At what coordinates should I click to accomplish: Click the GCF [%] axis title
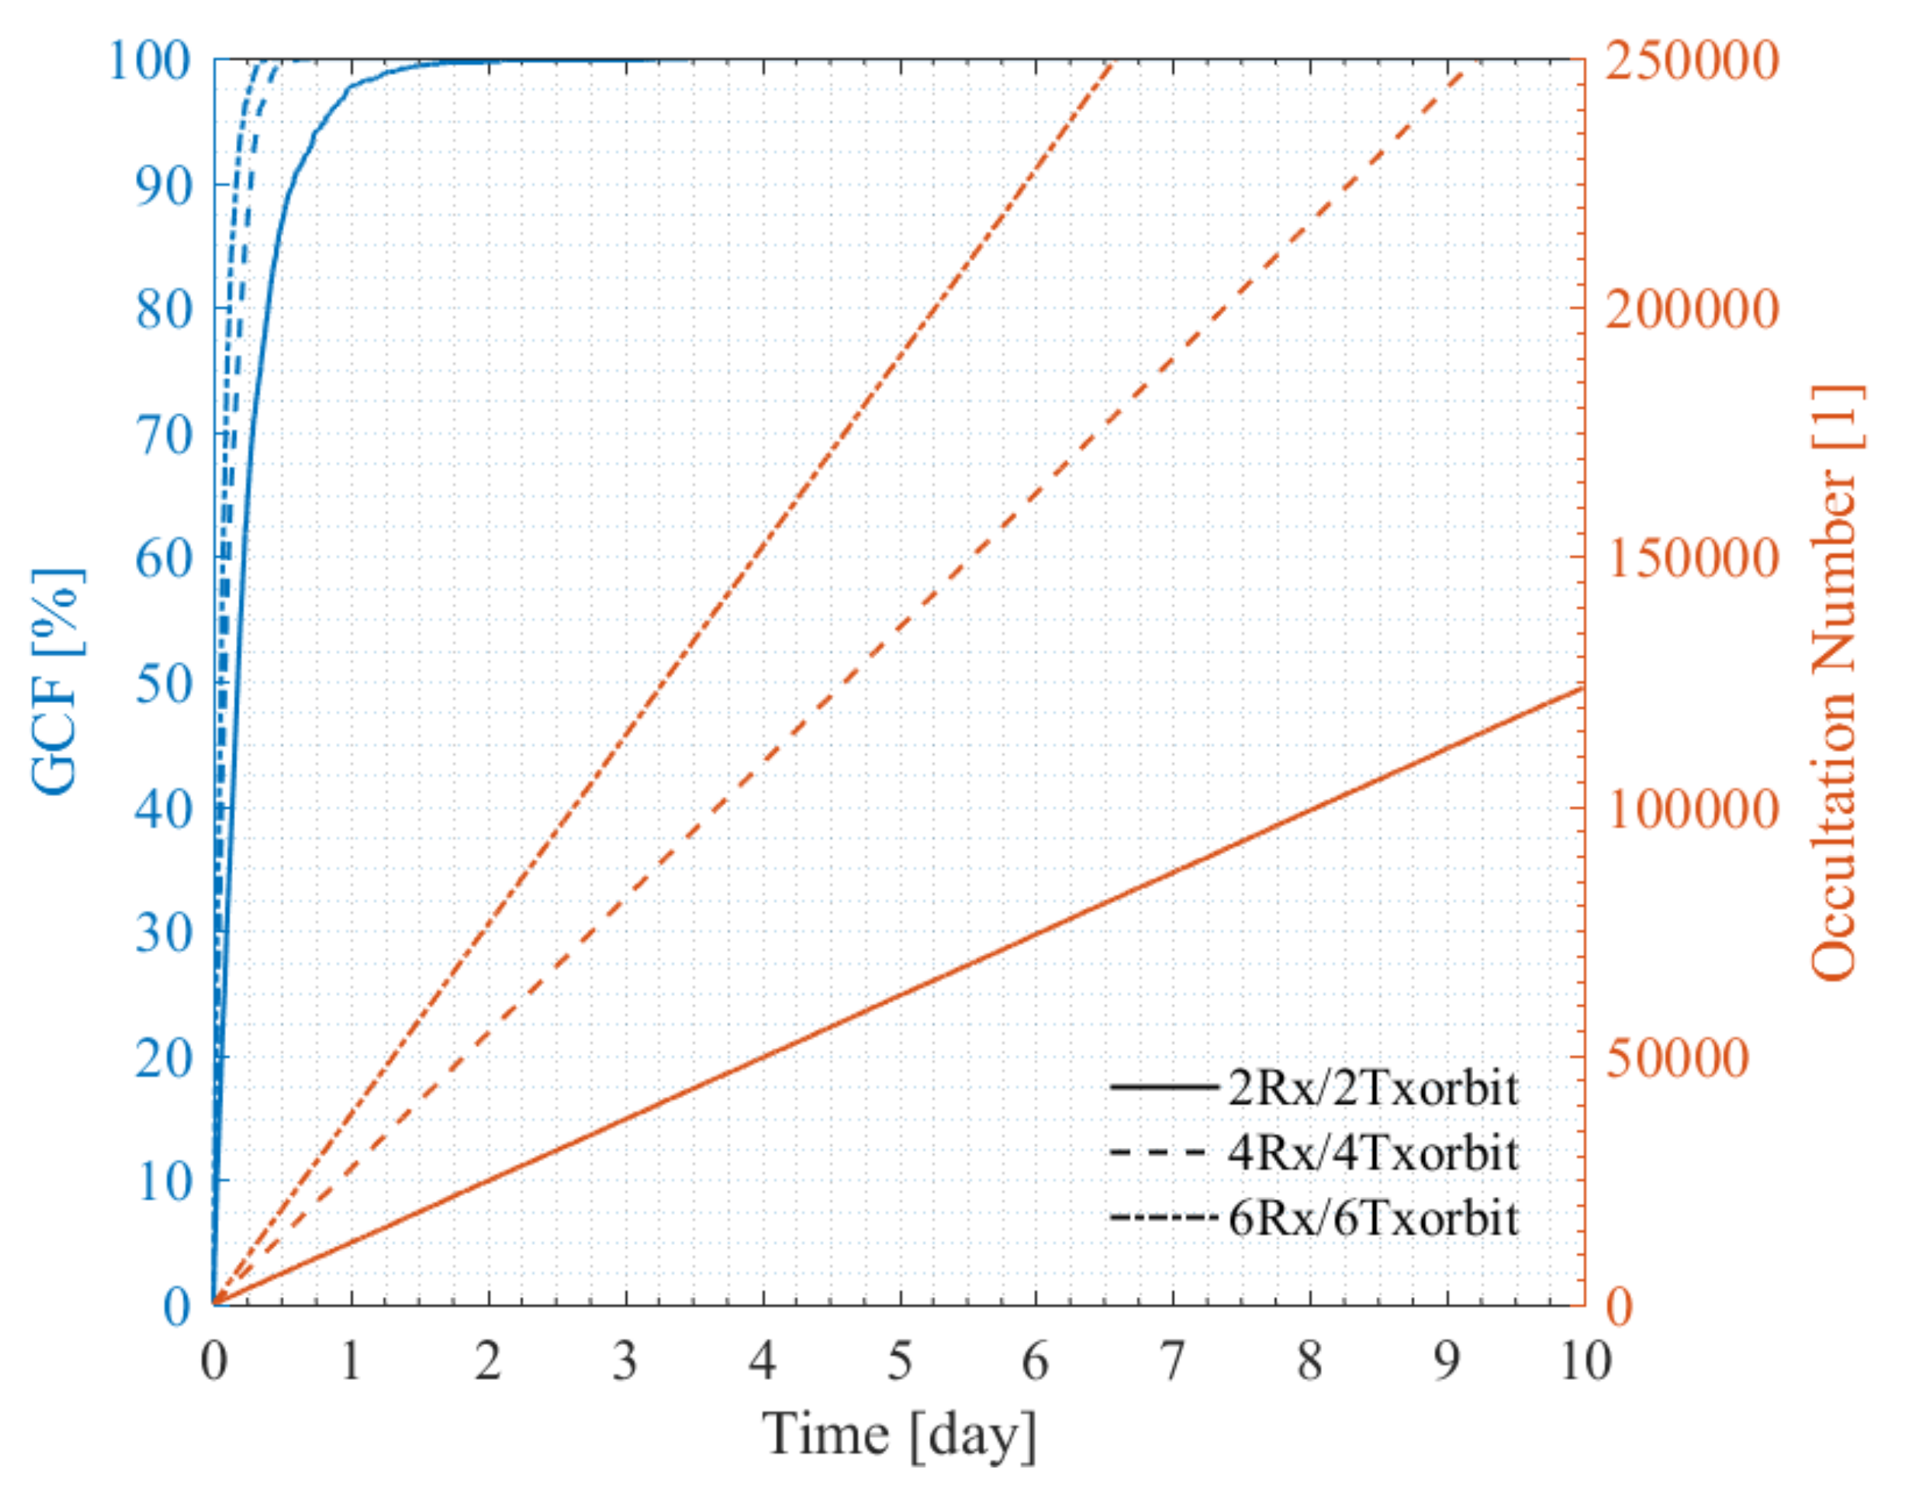pos(57,682)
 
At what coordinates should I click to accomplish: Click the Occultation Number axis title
pos(1834,682)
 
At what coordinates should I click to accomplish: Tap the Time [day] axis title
pos(899,1434)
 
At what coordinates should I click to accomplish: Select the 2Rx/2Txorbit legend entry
pos(1372,1087)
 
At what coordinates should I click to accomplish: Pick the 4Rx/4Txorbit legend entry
pos(1372,1153)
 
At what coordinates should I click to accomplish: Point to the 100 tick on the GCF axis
pos(148,61)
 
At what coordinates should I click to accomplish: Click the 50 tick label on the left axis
pos(163,684)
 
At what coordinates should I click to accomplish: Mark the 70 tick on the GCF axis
pos(163,434)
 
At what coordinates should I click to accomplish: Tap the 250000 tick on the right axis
pos(1691,61)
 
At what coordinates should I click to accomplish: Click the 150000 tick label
pos(1691,558)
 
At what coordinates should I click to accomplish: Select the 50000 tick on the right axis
pos(1678,1057)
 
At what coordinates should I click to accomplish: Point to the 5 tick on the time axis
pos(900,1362)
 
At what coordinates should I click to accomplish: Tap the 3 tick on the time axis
pos(625,1362)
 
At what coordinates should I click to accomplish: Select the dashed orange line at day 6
pos(1036,495)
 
